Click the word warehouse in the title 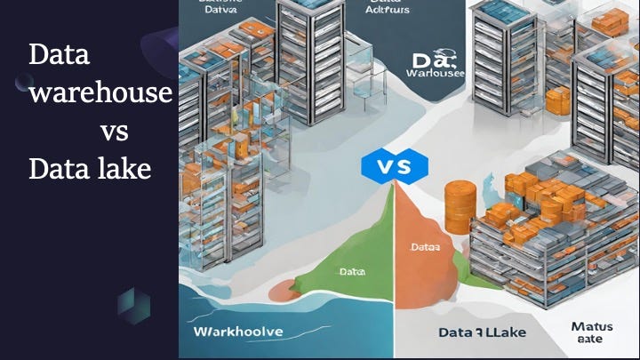click(100, 92)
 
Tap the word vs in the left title click(114, 132)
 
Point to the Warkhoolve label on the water click(237, 331)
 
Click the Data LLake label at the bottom click(484, 332)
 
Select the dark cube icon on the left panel click(133, 305)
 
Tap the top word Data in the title click(60, 55)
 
